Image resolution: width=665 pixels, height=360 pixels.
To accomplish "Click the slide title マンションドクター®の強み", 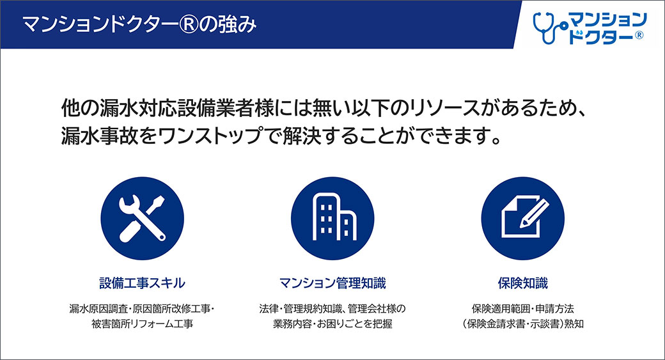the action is [139, 24].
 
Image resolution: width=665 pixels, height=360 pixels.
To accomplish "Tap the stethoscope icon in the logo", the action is [547, 28].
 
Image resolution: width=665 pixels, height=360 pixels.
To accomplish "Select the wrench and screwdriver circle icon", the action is [142, 219].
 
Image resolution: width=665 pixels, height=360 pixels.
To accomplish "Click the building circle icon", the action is [332, 219].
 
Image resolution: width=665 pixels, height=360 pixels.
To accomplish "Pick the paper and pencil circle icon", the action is [522, 219].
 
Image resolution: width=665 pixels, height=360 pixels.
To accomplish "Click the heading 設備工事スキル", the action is [142, 283].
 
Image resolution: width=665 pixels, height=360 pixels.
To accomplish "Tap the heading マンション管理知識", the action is [332, 283].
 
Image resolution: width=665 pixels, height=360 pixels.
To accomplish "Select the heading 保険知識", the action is [522, 283].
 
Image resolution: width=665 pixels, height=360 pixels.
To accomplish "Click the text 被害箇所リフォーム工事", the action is [142, 324].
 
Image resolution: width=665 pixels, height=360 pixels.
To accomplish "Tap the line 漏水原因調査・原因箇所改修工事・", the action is [142, 309].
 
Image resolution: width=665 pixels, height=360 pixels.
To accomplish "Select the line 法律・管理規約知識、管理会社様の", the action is [332, 309].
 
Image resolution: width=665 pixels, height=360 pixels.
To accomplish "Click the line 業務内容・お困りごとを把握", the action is [332, 324].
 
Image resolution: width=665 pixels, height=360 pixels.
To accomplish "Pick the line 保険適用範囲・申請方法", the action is [522, 309].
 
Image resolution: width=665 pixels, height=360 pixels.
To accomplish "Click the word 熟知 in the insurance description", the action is [574, 324].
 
